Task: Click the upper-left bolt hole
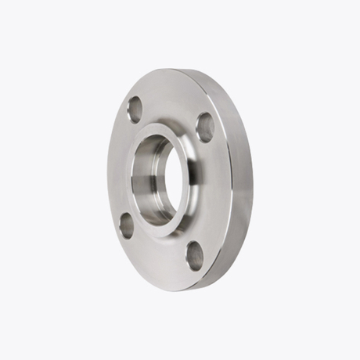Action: tap(135, 109)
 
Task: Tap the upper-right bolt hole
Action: tap(205, 126)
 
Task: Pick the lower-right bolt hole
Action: tap(196, 255)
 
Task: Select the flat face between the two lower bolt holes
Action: tap(160, 258)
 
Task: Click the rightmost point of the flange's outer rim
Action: tap(253, 188)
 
